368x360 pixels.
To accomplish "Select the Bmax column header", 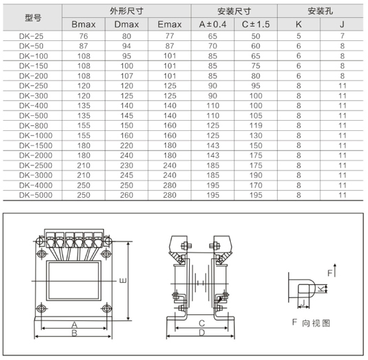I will [83, 25].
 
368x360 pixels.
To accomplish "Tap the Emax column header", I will [169, 25].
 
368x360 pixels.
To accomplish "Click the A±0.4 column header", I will [212, 25].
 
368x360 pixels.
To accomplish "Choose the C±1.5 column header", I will [255, 25].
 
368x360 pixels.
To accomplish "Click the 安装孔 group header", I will [320, 12].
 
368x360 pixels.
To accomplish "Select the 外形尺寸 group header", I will [126, 12].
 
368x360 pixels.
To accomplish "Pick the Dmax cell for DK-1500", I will [126, 146].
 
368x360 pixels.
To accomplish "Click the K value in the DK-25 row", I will [298, 35].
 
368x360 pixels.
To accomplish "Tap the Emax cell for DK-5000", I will [169, 195].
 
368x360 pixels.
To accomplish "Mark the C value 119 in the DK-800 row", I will [255, 126].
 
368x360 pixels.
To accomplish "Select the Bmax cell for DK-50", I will [83, 45].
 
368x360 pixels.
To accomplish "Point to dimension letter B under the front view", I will [74, 333].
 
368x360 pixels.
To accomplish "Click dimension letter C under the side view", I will [202, 322].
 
